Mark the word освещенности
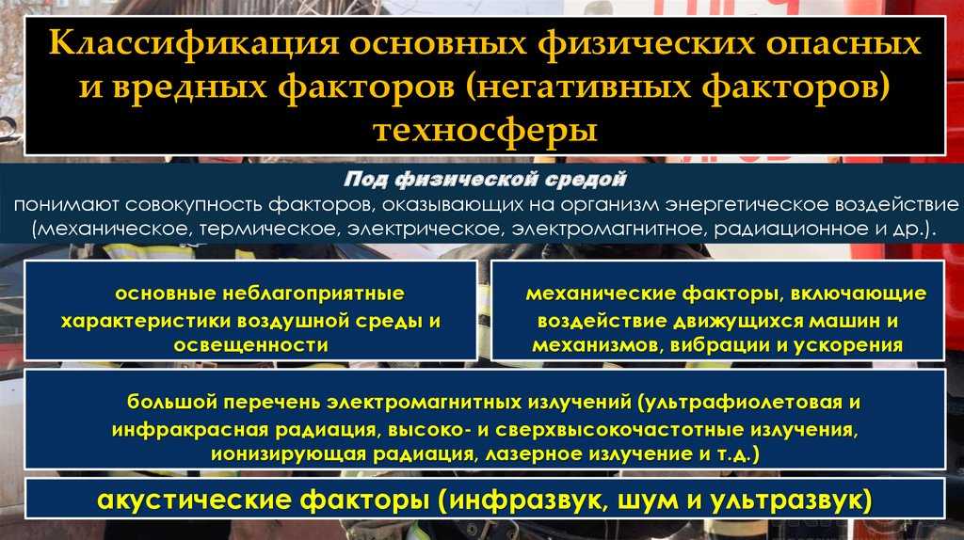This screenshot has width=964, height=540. (250, 345)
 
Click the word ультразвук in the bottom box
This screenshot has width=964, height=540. (792, 499)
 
